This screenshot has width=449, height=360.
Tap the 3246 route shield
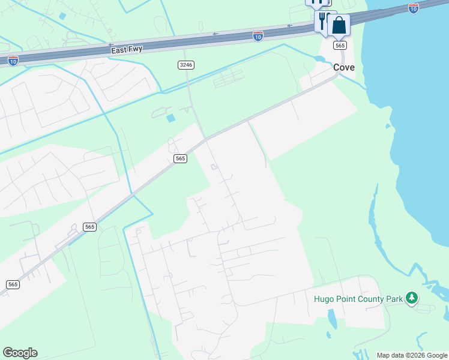pyautogui.click(x=186, y=64)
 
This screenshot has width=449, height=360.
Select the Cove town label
pyautogui.click(x=344, y=68)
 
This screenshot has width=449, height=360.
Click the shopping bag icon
pyautogui.click(x=339, y=26)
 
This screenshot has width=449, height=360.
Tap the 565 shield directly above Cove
pyautogui.click(x=340, y=46)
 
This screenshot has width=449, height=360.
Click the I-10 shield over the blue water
pyautogui.click(x=413, y=8)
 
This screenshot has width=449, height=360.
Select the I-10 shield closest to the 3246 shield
pyautogui.click(x=258, y=36)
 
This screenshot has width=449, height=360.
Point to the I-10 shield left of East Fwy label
pyautogui.click(x=13, y=60)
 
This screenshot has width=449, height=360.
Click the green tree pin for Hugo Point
pyautogui.click(x=411, y=298)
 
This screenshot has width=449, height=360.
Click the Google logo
pyautogui.click(x=20, y=353)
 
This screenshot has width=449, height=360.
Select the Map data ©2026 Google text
pyautogui.click(x=412, y=355)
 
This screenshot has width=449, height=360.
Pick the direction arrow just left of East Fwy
pyautogui.click(x=110, y=45)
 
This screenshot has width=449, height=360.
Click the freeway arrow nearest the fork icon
pyautogui.click(x=289, y=26)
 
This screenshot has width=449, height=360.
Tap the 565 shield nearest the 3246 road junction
pyautogui.click(x=180, y=158)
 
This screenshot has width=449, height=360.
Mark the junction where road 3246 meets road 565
pyautogui.click(x=206, y=139)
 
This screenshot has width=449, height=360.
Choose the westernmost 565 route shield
pyautogui.click(x=13, y=284)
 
